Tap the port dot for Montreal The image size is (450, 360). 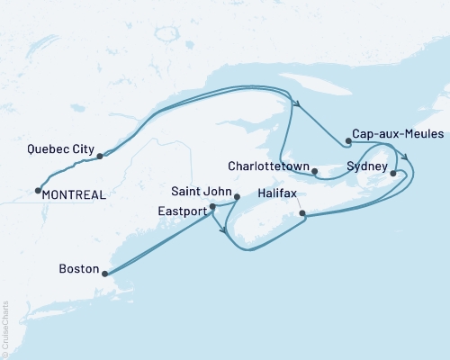[38, 190]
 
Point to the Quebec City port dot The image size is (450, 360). [100, 156]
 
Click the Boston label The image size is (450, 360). [76, 268]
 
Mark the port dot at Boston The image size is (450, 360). [104, 274]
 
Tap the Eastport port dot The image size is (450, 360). [212, 207]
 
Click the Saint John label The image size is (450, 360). [202, 191]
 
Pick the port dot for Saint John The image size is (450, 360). [237, 196]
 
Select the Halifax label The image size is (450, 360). [277, 193]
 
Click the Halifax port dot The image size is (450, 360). [302, 214]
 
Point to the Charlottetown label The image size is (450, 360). [269, 166]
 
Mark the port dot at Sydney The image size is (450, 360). [392, 172]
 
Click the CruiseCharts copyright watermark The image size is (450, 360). [5, 325]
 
